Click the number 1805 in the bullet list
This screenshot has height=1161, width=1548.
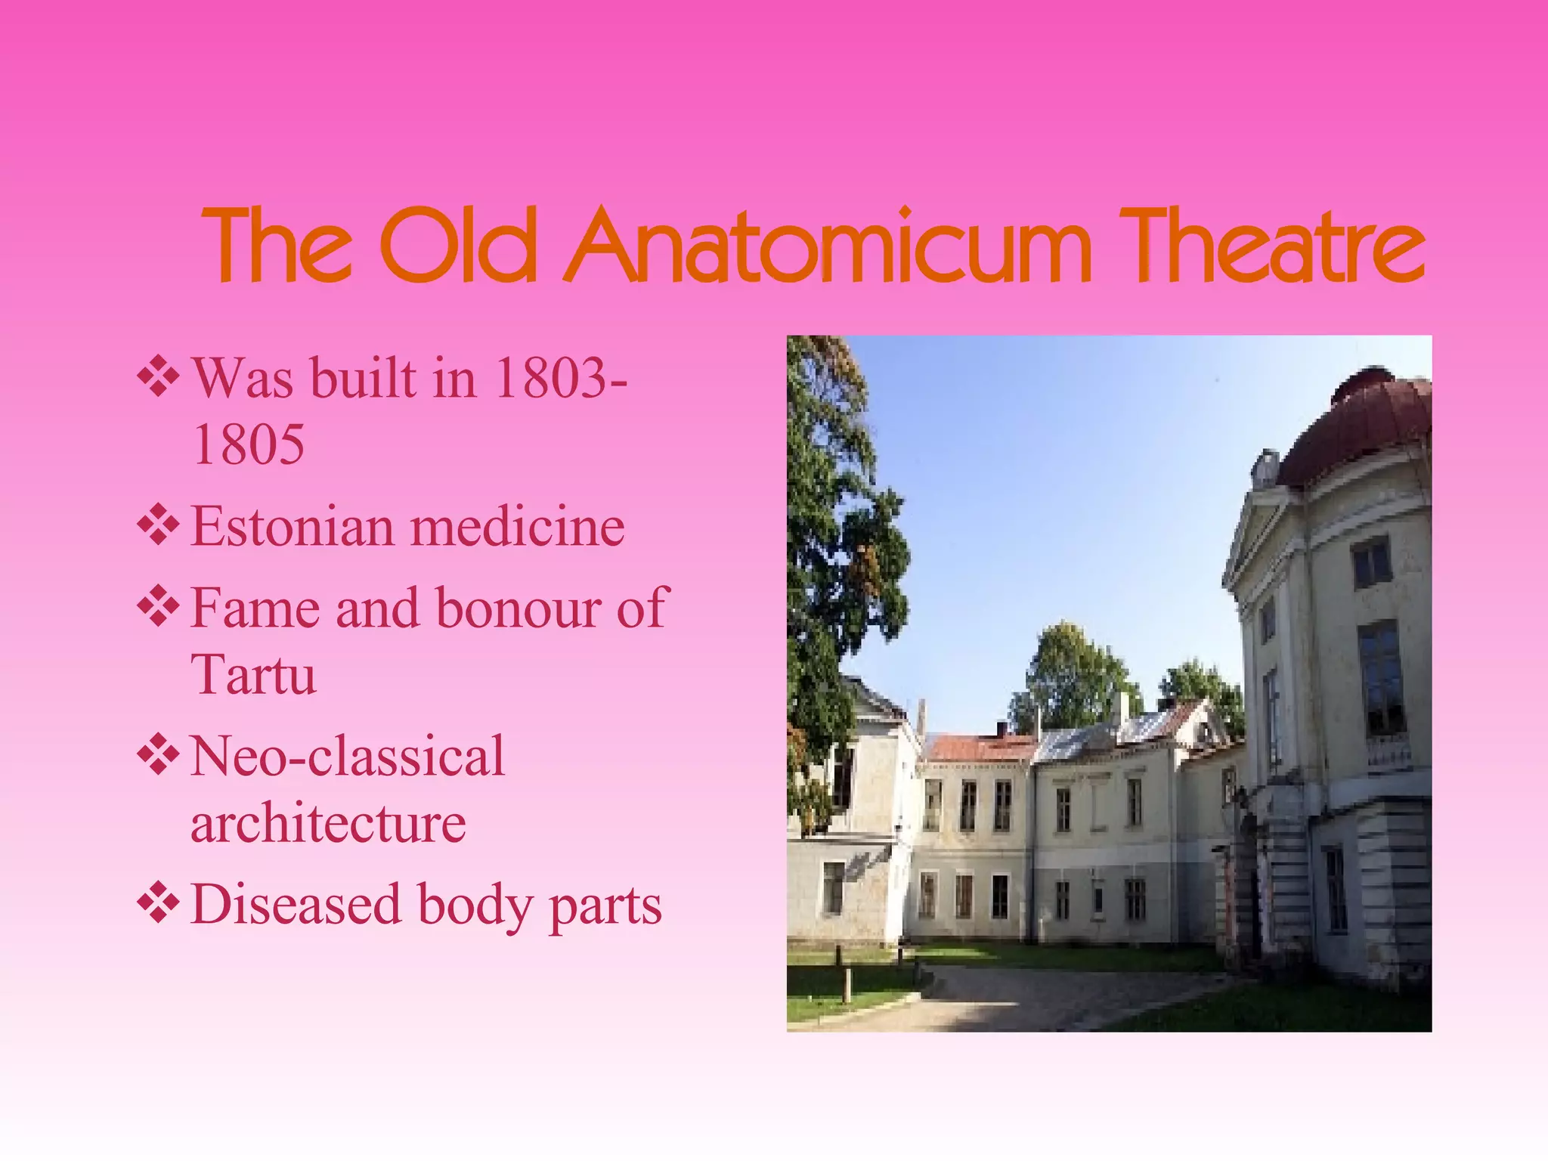249,444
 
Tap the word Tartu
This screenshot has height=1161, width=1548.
253,675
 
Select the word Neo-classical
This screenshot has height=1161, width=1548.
347,757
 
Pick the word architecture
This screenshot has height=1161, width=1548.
328,823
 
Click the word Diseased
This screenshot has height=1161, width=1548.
296,905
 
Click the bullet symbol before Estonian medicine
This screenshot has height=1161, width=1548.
158,525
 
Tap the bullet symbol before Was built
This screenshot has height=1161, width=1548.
158,376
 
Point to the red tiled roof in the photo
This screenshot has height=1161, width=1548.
979,748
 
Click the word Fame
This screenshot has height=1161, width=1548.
255,608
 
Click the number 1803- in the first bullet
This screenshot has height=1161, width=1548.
560,377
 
